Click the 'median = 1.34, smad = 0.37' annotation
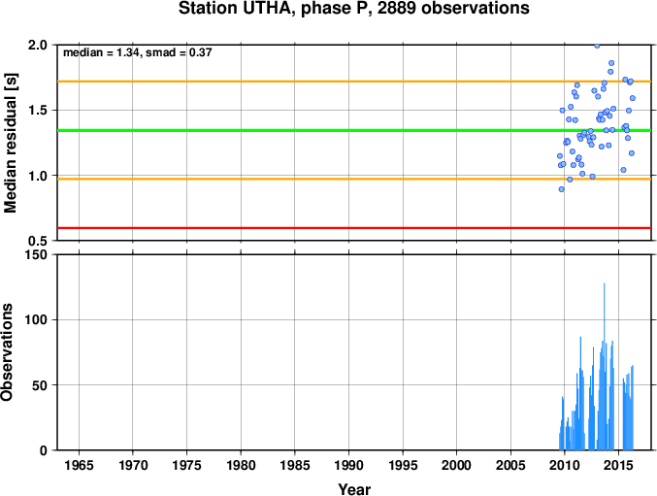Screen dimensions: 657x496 [x=138, y=52]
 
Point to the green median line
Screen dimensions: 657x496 [x=354, y=131]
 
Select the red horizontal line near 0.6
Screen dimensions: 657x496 [x=354, y=228]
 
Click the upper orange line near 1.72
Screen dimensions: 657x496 [x=354, y=82]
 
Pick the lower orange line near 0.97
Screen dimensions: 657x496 [x=354, y=179]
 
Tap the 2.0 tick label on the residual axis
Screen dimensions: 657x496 [x=38, y=45]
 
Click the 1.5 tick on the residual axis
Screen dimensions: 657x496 [x=38, y=111]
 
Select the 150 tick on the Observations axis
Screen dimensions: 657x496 [x=36, y=254]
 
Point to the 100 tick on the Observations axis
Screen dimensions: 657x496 [x=36, y=319]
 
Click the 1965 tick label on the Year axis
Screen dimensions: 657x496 [x=79, y=465]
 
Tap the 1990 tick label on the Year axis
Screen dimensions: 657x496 [x=348, y=465]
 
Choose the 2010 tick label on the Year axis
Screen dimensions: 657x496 [x=565, y=465]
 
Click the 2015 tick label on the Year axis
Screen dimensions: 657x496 [x=618, y=465]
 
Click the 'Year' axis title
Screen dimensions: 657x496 [x=354, y=489]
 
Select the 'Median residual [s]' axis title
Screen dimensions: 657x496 [x=10, y=143]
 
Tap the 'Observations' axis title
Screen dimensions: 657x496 [x=7, y=352]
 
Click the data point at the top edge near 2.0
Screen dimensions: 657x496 [x=597, y=46]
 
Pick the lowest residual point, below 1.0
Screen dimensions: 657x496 [x=562, y=189]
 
